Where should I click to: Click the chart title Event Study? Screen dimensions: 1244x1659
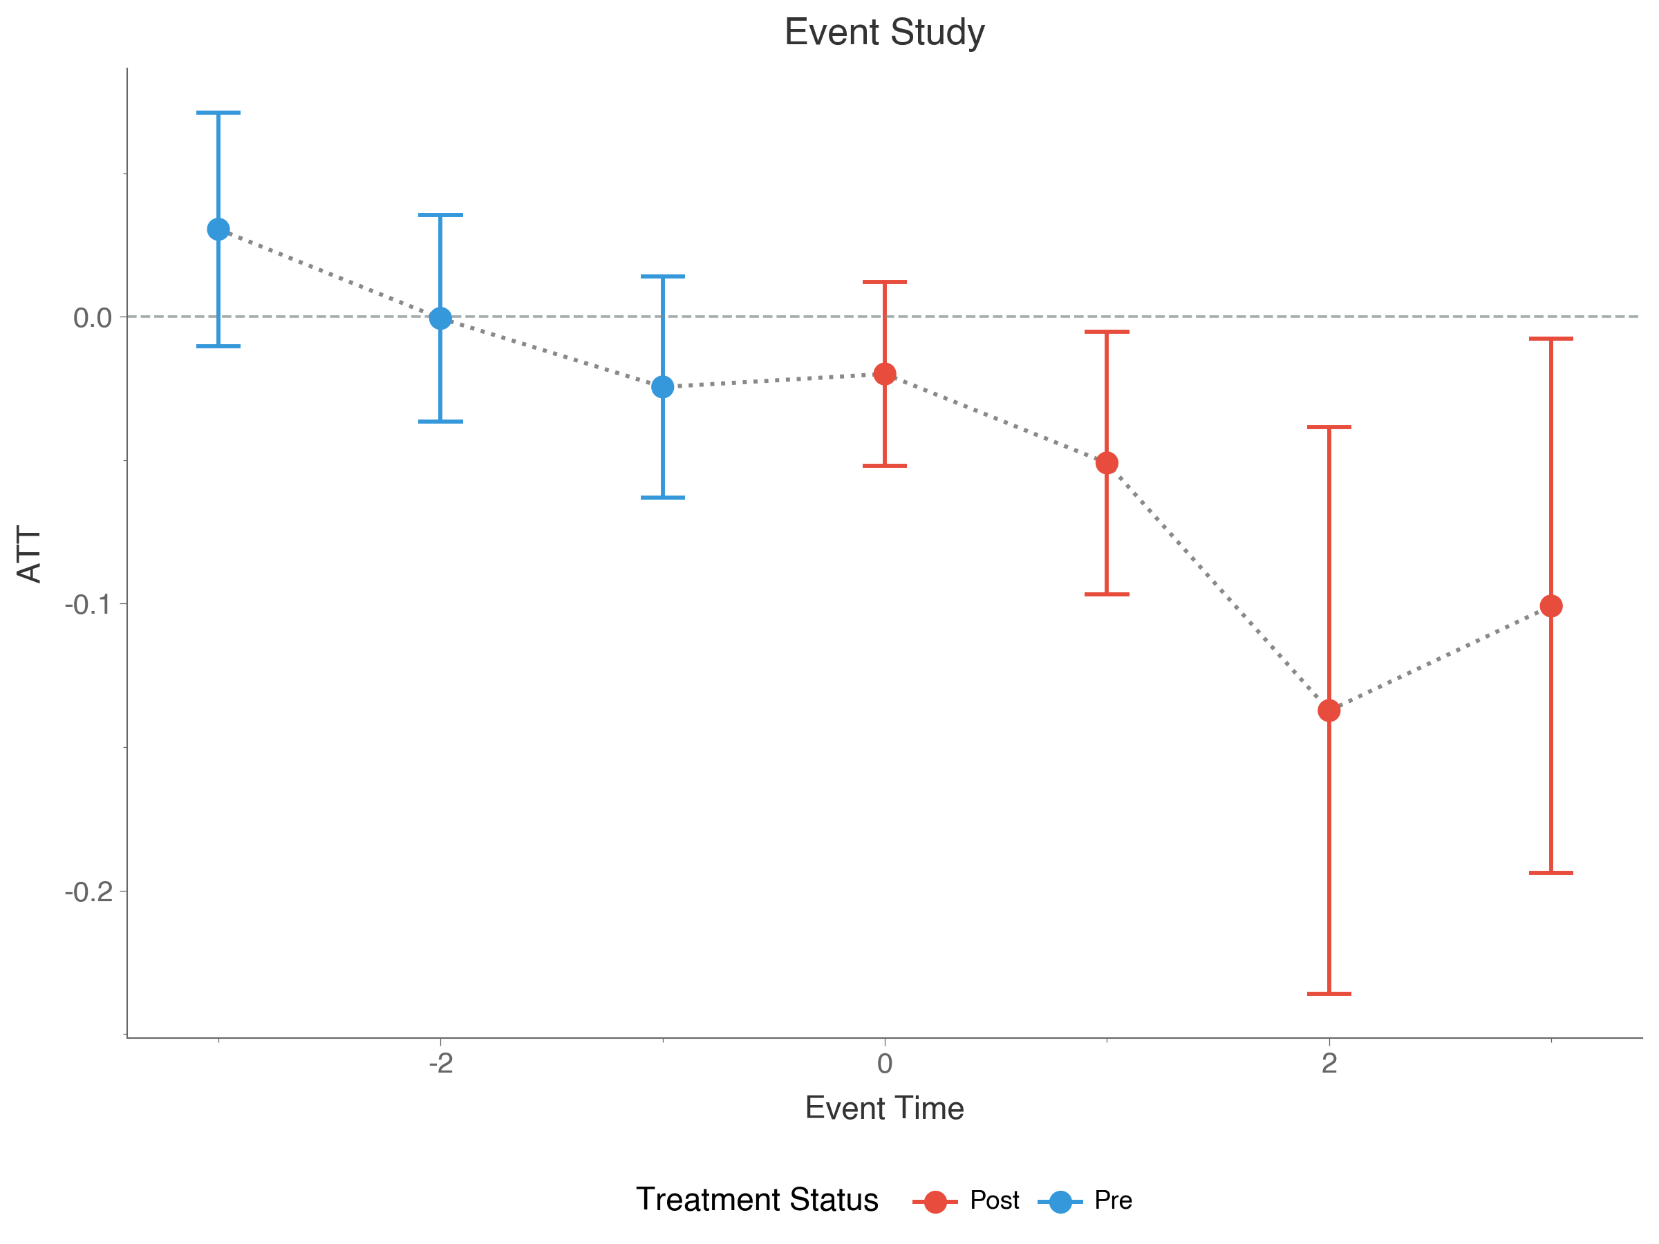[884, 32]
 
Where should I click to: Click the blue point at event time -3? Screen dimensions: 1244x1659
[218, 229]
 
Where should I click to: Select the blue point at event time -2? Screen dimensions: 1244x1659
[440, 318]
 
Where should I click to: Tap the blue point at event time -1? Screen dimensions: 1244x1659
[663, 387]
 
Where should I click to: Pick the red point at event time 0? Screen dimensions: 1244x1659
[885, 373]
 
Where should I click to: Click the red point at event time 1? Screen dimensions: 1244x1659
[1107, 462]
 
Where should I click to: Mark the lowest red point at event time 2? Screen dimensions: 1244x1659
[1329, 709]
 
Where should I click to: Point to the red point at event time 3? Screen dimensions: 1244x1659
[1551, 606]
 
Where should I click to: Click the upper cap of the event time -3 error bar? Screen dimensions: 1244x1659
[218, 113]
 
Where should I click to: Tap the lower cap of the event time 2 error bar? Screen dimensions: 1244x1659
[1329, 994]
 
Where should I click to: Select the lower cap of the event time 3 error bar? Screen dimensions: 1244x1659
[1551, 873]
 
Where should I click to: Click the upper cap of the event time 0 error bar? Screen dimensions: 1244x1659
[885, 282]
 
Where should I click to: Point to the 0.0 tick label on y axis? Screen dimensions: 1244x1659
[92, 318]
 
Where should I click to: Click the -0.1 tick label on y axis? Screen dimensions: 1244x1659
[88, 605]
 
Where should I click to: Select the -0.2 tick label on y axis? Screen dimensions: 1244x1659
[88, 892]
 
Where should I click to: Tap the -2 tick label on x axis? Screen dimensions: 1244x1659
[440, 1064]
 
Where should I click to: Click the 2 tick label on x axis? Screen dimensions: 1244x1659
[1329, 1064]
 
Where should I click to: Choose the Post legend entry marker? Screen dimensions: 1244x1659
[935, 1201]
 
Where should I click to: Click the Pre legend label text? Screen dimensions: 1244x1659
[1113, 1200]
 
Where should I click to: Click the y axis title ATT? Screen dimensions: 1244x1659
[30, 554]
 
